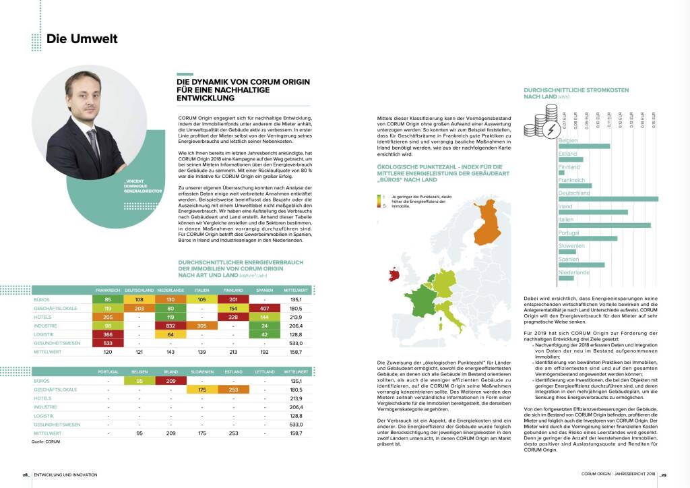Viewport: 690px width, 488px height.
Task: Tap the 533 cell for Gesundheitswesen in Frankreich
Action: (108, 342)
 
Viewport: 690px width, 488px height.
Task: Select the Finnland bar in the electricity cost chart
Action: (561, 173)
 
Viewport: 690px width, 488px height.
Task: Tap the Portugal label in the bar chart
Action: (569, 233)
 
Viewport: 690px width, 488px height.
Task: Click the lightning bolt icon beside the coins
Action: (550, 127)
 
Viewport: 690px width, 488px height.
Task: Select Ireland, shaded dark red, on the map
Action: (391, 274)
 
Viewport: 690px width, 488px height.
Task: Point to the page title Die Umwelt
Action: (82, 38)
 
